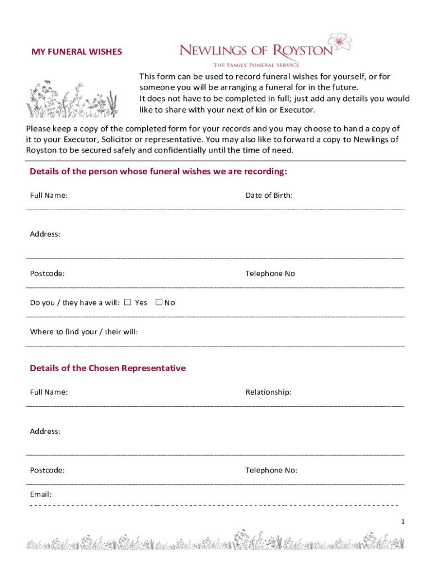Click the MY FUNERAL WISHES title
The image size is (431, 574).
click(76, 52)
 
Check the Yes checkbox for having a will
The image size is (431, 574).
click(128, 303)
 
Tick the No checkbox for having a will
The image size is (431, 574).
click(159, 303)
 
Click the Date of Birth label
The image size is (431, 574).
click(269, 196)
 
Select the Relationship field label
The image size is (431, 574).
click(268, 392)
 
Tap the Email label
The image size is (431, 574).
click(41, 494)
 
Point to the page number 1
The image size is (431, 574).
click(402, 522)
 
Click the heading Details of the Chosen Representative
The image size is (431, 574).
click(107, 368)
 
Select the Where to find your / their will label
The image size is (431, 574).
click(83, 332)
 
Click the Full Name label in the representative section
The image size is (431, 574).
click(49, 392)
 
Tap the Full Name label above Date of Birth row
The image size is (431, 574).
click(49, 196)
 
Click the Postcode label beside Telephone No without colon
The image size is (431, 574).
click(47, 274)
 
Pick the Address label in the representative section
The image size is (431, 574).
click(45, 432)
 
